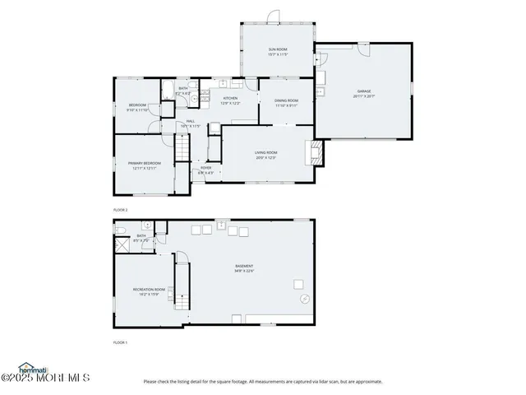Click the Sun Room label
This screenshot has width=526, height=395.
[277, 52]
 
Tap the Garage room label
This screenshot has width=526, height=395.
[363, 93]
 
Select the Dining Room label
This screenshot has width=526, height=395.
[286, 103]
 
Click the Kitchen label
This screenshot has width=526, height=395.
[230, 101]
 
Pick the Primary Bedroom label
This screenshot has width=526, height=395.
[144, 166]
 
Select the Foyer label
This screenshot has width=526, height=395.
[205, 170]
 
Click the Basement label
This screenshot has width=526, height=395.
[244, 268]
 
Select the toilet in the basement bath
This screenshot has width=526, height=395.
[120, 230]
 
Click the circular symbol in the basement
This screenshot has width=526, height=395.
[303, 298]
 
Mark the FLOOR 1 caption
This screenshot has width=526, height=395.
[120, 341]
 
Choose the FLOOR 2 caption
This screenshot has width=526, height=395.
[120, 211]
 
